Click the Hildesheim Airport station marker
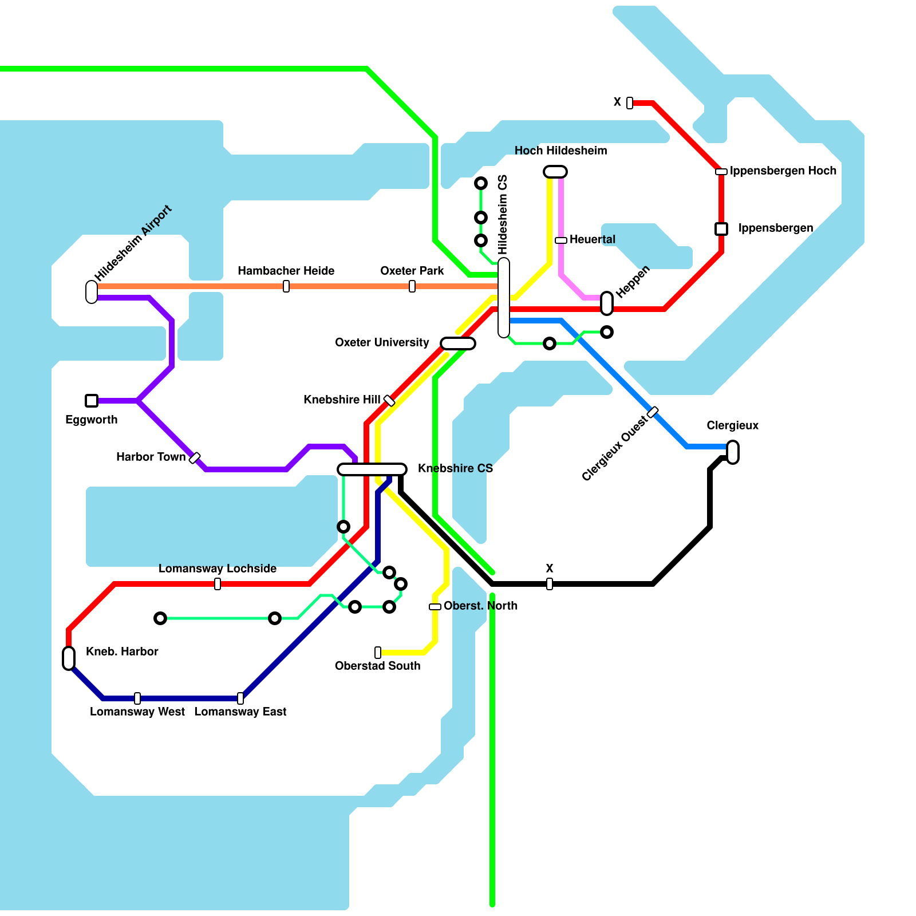pos(92,292)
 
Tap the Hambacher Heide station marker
pos(286,286)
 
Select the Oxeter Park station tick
pos(412,286)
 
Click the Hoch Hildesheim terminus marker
pos(555,172)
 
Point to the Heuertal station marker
pos(561,240)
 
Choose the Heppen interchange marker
pos(607,303)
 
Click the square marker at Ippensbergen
pos(721,229)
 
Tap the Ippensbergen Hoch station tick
pos(721,172)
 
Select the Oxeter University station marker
pos(458,343)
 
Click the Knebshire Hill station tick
pos(389,401)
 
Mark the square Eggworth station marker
pos(92,401)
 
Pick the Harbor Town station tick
pos(195,458)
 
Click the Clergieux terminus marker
pos(733,452)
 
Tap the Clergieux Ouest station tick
pos(653,412)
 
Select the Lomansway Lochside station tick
pos(218,584)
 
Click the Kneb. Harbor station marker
pos(69,658)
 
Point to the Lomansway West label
pos(137,712)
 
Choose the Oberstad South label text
pos(377,666)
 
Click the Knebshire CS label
pos(455,468)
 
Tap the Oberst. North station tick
pos(435,607)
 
